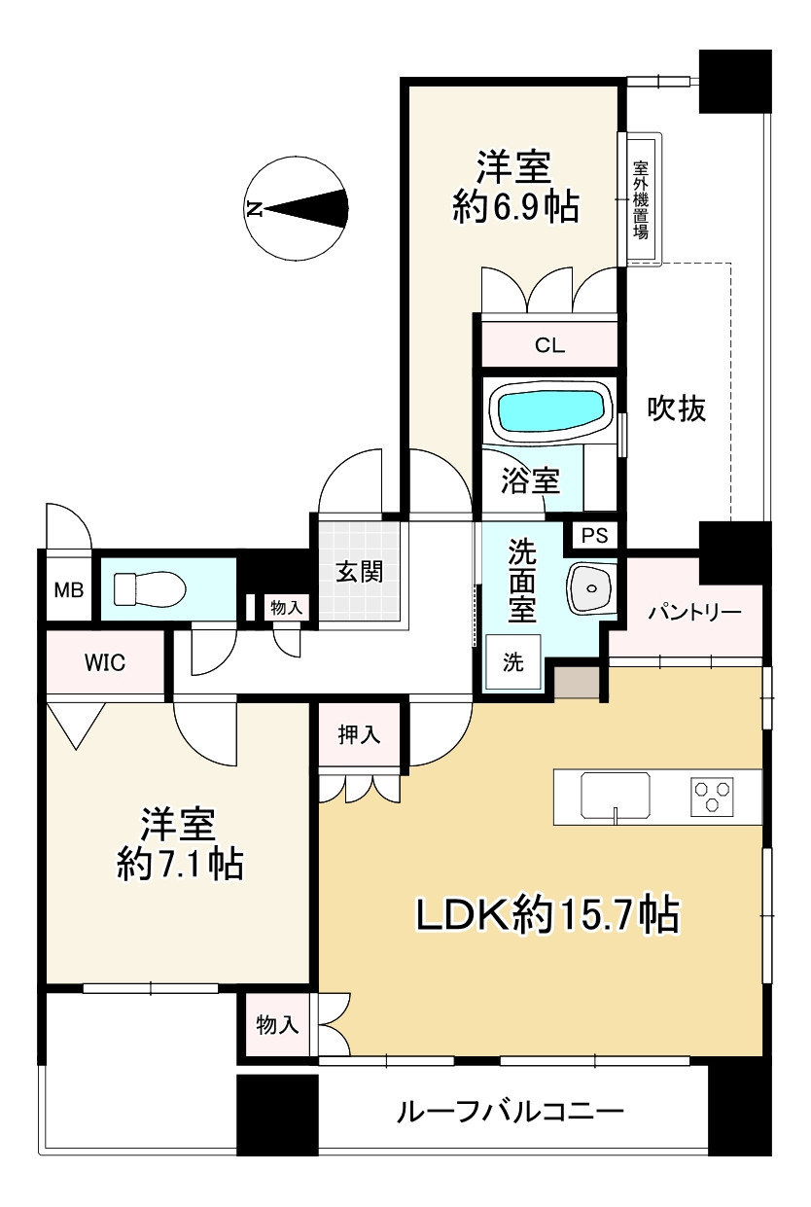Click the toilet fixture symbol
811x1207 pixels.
150,589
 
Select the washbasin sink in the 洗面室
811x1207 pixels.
591,587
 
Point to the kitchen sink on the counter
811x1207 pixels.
615,797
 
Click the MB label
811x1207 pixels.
68,590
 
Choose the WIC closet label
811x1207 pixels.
105,662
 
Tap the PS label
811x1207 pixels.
594,536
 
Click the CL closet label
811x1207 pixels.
549,345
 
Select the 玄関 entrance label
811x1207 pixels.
360,572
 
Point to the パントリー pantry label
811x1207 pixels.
694,613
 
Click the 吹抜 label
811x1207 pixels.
676,408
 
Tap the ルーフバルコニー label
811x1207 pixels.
510,1111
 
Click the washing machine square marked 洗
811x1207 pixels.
513,662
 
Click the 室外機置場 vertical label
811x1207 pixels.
641,199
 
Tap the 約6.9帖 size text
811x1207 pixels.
515,207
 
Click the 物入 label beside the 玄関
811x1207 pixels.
286,608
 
